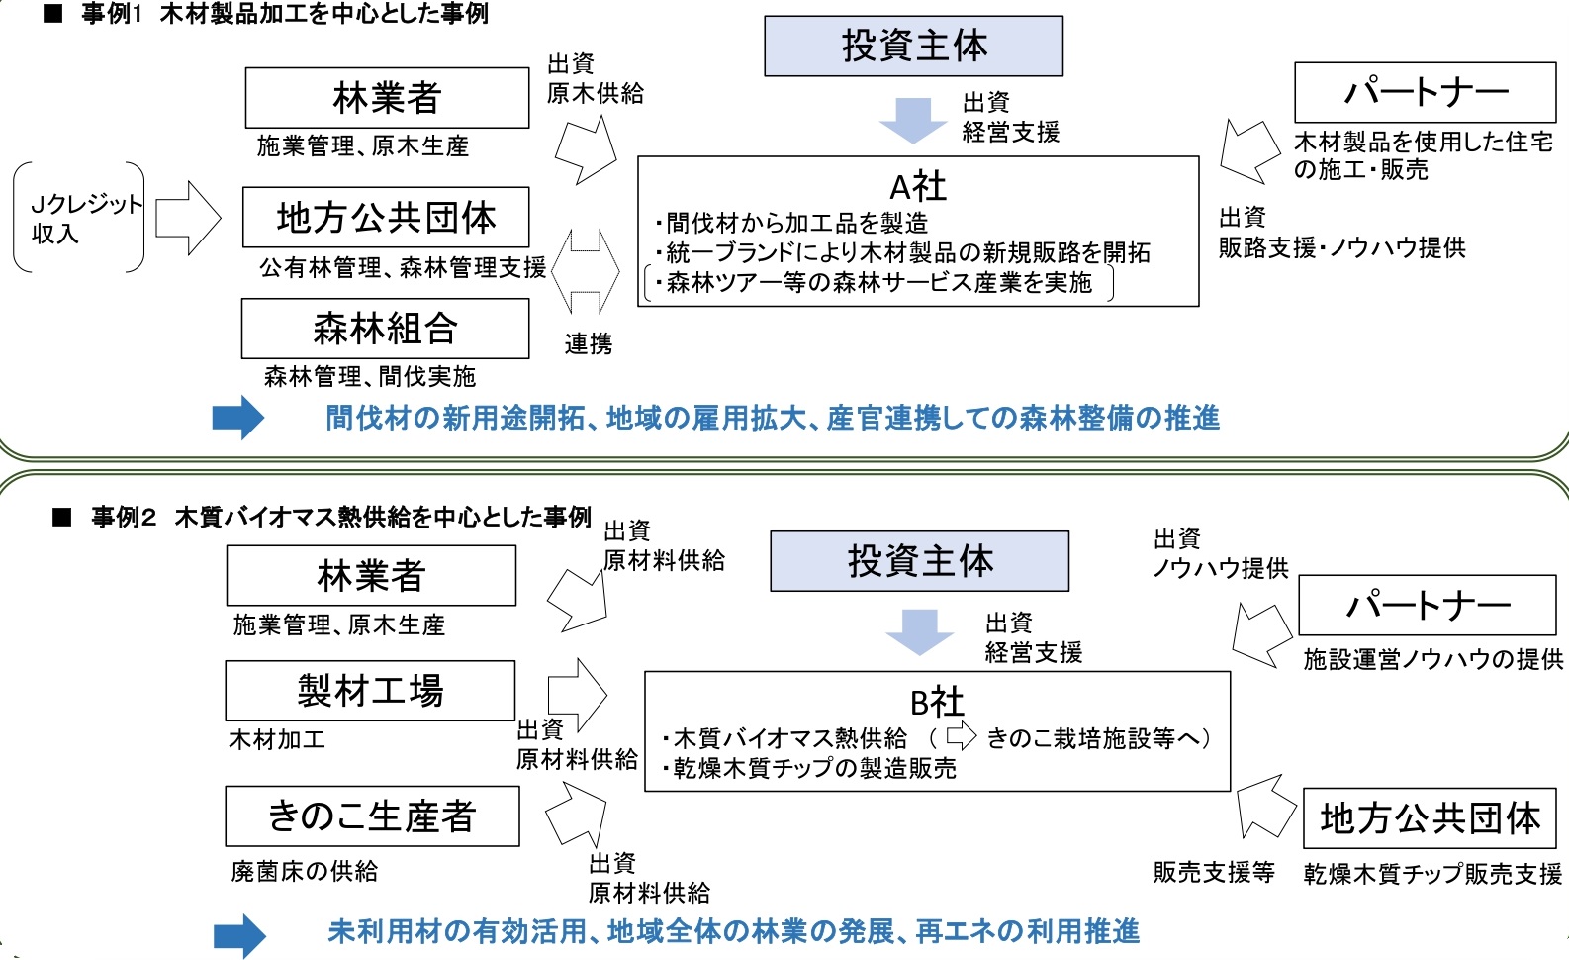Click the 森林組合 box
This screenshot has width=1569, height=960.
(x=385, y=329)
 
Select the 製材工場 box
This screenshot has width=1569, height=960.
(x=370, y=690)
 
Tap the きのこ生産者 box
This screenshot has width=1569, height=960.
(x=372, y=816)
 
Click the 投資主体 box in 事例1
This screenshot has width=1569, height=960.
(x=913, y=46)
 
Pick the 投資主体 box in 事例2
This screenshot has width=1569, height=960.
(x=919, y=561)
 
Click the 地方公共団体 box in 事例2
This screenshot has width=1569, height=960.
(x=1430, y=818)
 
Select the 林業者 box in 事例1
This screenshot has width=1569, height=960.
(x=387, y=97)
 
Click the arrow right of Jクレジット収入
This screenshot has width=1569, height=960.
(x=188, y=218)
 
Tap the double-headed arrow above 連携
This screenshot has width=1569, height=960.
(x=586, y=272)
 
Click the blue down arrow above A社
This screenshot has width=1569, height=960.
(x=912, y=120)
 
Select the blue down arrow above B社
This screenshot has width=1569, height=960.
(x=919, y=631)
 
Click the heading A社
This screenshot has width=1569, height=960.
(x=918, y=186)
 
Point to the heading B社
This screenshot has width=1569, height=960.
(x=936, y=702)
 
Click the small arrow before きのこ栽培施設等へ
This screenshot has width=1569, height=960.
(x=961, y=736)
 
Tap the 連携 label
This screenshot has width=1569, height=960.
(x=589, y=343)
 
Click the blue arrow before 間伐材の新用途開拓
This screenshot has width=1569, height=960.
(x=238, y=417)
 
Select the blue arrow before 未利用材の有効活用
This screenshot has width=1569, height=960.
(x=239, y=935)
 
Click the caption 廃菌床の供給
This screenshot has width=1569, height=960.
(x=305, y=871)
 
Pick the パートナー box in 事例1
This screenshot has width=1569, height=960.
(x=1425, y=92)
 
